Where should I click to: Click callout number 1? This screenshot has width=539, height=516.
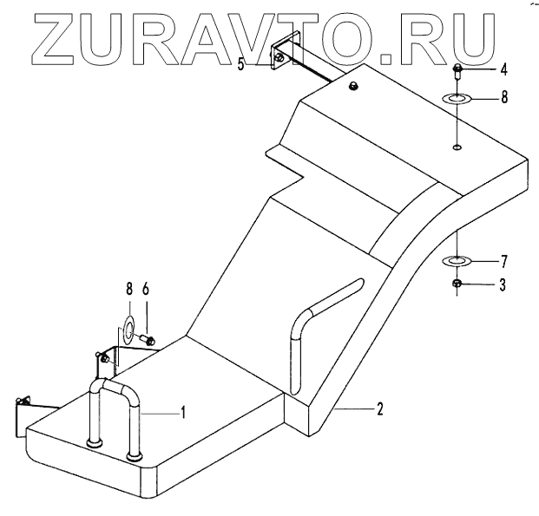pos(183,413)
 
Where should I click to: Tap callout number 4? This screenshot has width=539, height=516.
pos(503,69)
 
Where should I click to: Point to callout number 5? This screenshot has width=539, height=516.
pos(242,62)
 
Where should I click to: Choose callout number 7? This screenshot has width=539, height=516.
pos(503,261)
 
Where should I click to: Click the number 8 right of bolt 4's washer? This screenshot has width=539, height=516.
pos(503,99)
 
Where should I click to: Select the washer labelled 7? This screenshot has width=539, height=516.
pos(457,260)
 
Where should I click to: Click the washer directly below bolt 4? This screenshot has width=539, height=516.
pos(457,99)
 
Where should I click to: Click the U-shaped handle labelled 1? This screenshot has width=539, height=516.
pos(115,408)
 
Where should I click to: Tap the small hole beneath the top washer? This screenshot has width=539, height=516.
pos(457,148)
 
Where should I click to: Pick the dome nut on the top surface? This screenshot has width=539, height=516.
pos(353,85)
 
